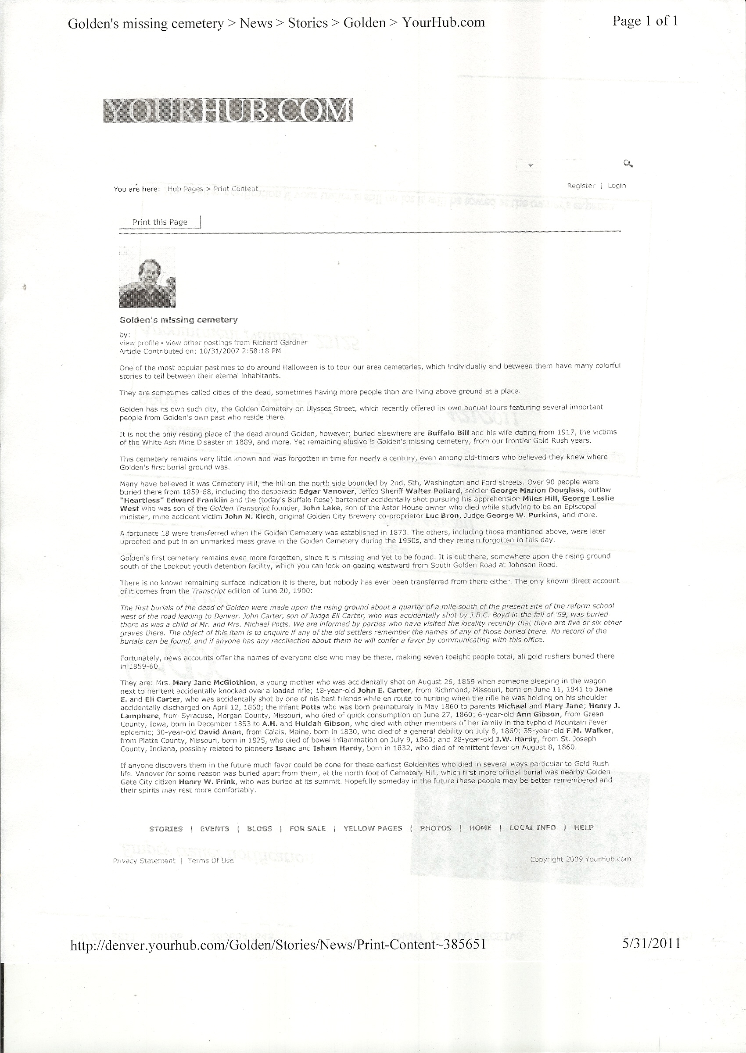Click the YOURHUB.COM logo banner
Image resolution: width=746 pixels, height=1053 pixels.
[x=228, y=110]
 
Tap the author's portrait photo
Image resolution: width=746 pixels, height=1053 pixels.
[x=147, y=277]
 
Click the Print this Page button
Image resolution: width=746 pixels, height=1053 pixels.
[x=160, y=222]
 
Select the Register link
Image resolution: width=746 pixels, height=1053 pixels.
[x=581, y=186]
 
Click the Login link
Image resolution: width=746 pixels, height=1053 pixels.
[x=617, y=186]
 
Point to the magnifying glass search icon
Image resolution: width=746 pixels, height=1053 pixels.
[x=628, y=164]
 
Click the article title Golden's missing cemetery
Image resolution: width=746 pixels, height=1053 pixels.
[x=178, y=319]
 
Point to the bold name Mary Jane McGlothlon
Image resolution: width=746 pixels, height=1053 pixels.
[x=214, y=682]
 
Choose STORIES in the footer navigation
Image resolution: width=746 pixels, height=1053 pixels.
[x=166, y=828]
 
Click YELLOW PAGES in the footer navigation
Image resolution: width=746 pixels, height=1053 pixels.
[x=373, y=828]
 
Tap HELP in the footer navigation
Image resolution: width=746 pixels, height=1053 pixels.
[x=583, y=827]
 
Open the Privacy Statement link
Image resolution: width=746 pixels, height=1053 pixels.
[x=144, y=860]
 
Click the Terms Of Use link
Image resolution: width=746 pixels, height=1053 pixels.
[x=210, y=860]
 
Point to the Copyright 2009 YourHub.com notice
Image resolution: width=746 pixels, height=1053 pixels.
[x=580, y=859]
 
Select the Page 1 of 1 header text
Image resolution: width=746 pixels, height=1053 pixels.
[x=645, y=21]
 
